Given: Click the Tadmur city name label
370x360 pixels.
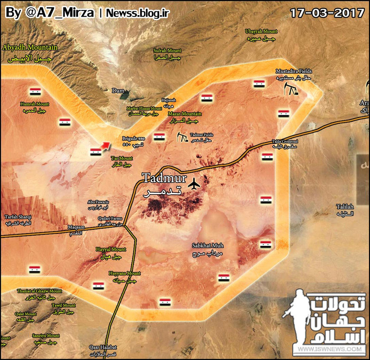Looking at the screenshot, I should (158, 178).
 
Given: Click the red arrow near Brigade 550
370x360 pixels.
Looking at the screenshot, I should (105, 145).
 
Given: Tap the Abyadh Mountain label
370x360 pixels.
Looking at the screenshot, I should (30, 47).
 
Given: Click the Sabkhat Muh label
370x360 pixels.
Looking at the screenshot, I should (208, 245).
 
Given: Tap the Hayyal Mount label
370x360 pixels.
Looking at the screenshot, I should (111, 249).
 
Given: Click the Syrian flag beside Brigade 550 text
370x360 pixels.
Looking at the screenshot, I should (159, 137).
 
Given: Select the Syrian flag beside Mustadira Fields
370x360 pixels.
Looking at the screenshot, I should (259, 83).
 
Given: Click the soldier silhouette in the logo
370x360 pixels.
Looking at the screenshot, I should (295, 320).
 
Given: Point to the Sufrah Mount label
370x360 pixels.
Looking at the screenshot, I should (167, 50).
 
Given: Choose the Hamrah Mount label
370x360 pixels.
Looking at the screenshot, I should (34, 104).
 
